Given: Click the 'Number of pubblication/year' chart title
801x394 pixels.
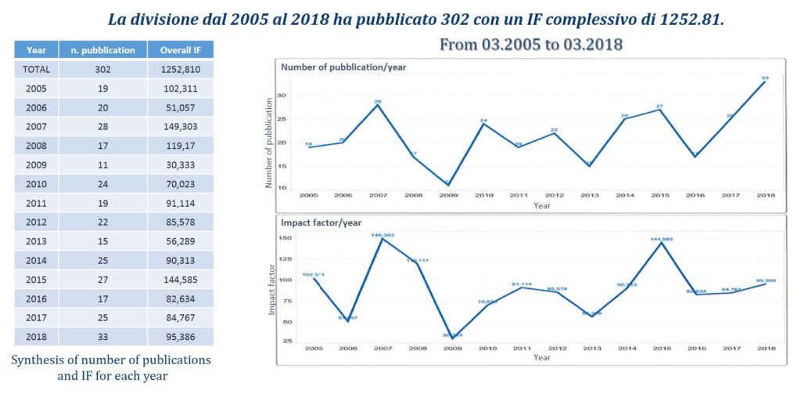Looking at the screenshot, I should point(343,67).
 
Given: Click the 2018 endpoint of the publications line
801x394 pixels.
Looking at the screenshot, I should point(763,81).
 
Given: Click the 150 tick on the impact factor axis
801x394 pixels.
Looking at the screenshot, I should point(286,238).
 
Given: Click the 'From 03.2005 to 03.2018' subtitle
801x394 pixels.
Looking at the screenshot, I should point(531,44).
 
